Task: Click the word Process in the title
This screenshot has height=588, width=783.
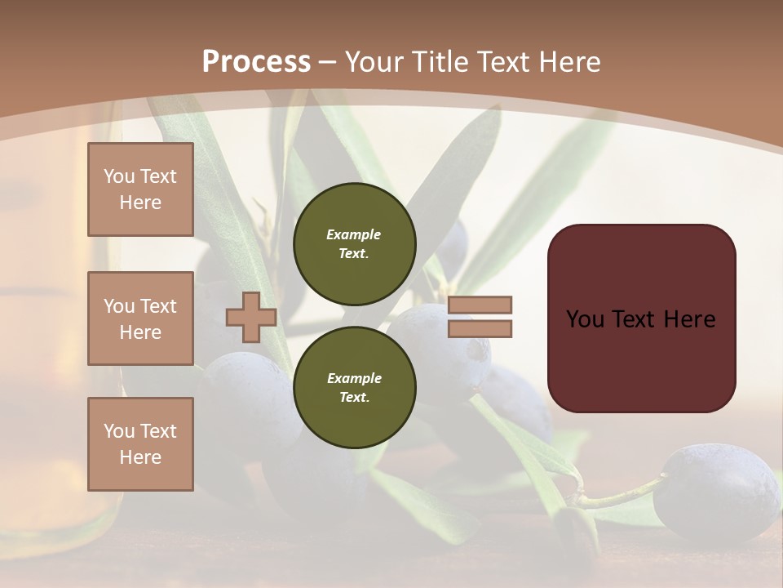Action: (256, 62)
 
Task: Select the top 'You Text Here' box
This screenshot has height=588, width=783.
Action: (140, 189)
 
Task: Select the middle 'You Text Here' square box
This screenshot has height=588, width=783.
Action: (140, 318)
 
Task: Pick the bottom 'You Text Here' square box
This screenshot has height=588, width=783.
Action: (140, 443)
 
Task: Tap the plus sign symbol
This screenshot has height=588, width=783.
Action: (251, 317)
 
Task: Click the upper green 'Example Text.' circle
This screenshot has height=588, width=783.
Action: (354, 243)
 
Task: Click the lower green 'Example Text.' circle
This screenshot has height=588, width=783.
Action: (354, 387)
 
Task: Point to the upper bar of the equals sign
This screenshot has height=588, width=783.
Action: (480, 305)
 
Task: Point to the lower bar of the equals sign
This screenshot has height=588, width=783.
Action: (480, 328)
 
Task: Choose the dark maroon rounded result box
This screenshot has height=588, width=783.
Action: (641, 318)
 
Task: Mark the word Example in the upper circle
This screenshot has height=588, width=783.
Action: (354, 234)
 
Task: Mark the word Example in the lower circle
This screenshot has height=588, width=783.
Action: (354, 378)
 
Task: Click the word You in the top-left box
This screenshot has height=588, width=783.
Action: (119, 176)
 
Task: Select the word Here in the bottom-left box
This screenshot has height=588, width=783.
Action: (140, 457)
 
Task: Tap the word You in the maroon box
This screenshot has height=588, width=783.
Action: (585, 319)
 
